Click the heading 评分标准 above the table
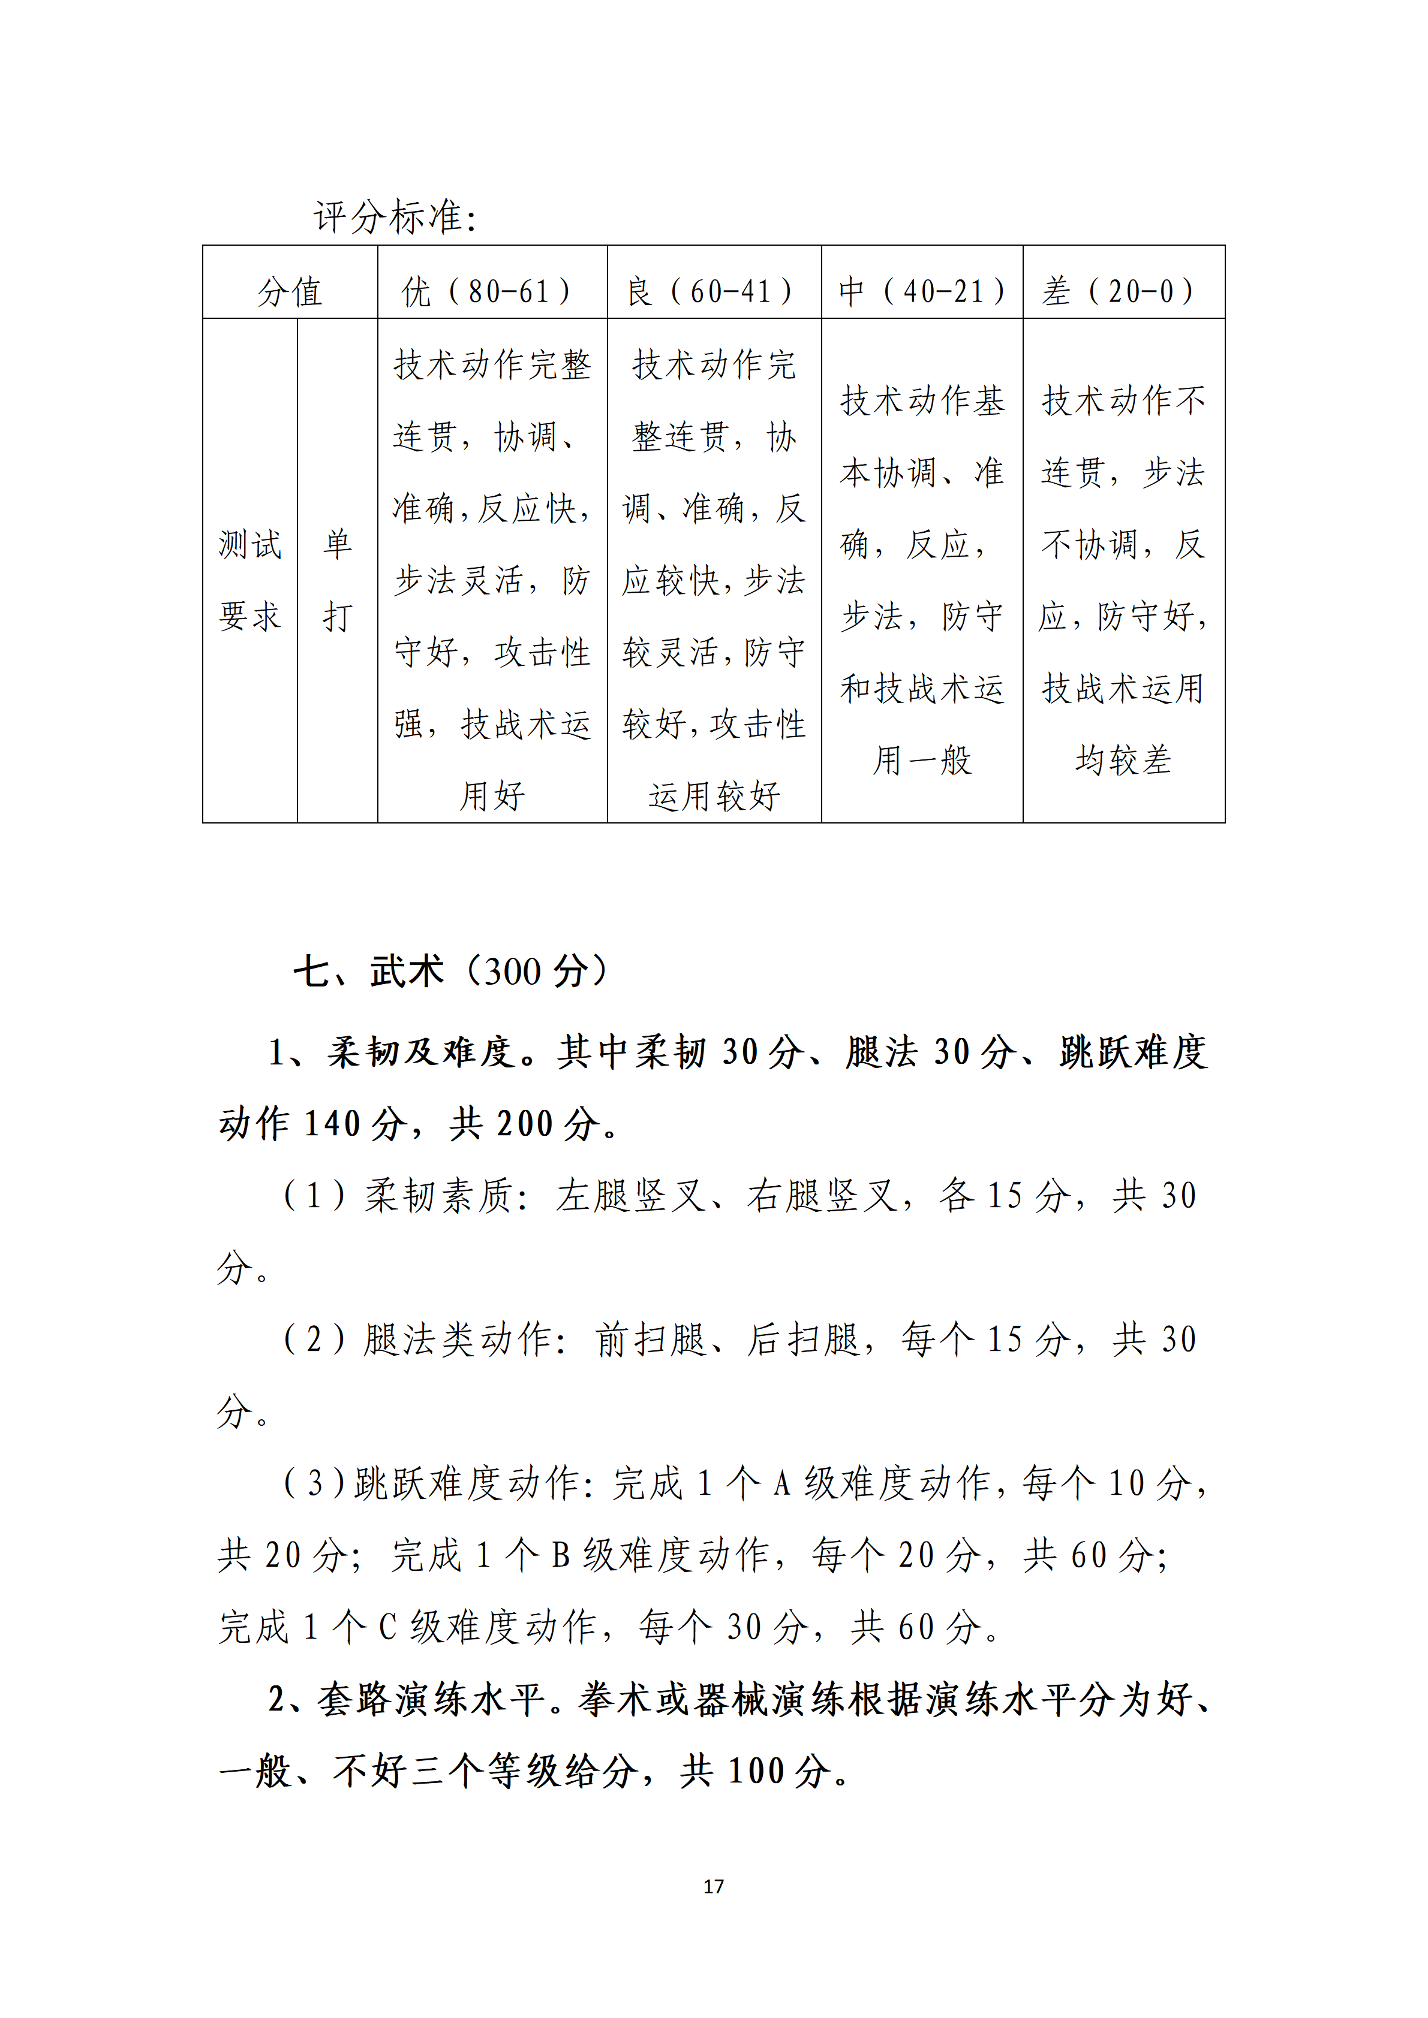(x=394, y=217)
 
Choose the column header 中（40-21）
(x=922, y=291)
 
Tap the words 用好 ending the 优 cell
(x=492, y=797)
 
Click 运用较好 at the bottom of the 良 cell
(x=714, y=797)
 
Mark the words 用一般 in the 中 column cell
(x=922, y=760)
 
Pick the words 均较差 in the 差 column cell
(x=1123, y=760)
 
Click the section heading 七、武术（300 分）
(x=450, y=971)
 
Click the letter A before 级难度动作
(x=781, y=1483)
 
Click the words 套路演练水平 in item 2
(x=431, y=1700)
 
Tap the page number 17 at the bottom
(x=713, y=1886)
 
